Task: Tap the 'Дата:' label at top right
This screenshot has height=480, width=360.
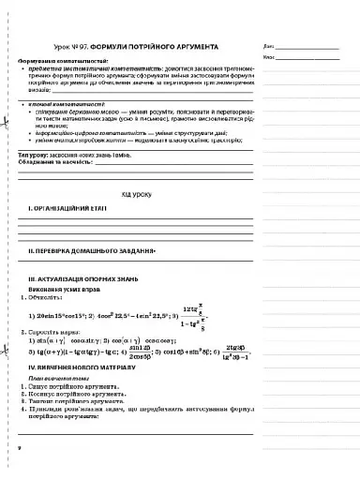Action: point(271,45)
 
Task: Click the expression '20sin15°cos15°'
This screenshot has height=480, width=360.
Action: point(60,315)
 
